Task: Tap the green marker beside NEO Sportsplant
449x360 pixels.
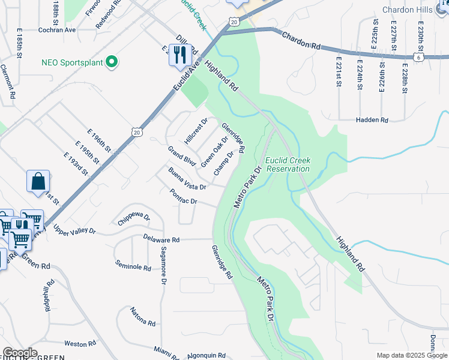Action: [x=111, y=62]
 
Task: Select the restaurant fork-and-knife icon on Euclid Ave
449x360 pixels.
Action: [x=180, y=55]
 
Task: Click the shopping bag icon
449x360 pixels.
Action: [x=38, y=181]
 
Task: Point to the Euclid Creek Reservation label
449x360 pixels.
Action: [x=288, y=164]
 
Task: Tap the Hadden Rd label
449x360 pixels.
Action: [x=372, y=120]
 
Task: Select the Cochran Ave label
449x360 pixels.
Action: [x=55, y=29]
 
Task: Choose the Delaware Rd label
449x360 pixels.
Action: [x=161, y=239]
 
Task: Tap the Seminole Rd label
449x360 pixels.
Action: [x=133, y=266]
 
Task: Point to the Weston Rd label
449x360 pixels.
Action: [x=80, y=344]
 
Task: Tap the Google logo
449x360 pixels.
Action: [x=19, y=353]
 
